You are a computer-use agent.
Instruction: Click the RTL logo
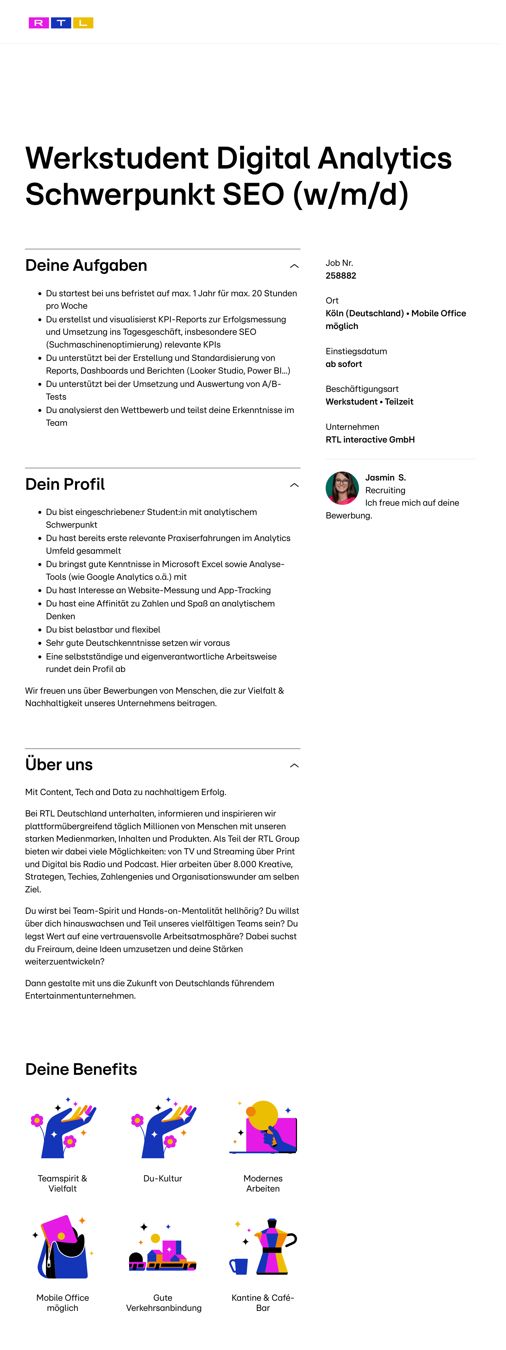[61, 23]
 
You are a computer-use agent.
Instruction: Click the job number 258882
[340, 276]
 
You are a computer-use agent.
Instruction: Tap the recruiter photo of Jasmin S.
[342, 488]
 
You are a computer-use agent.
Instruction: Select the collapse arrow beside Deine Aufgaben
[294, 266]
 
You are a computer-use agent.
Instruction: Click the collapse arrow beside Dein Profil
[294, 485]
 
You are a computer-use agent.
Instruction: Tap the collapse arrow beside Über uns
[294, 766]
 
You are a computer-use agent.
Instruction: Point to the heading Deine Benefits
[81, 1069]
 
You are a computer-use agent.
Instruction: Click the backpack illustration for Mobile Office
[63, 1247]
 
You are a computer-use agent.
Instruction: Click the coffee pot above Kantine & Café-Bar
[271, 1247]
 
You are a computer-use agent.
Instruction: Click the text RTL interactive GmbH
[370, 440]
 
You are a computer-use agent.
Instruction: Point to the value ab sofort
[344, 364]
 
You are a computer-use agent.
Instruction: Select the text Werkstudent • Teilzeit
[369, 402]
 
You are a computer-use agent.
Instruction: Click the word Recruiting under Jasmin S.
[385, 491]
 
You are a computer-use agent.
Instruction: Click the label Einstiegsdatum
[356, 351]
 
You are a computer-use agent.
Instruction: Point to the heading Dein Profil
[65, 484]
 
